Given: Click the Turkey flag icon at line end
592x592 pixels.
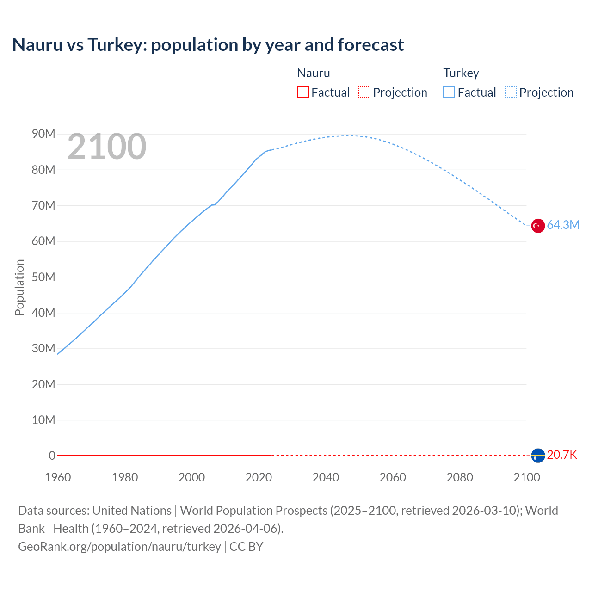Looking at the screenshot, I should click(537, 226).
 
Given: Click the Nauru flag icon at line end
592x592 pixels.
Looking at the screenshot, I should click(537, 456).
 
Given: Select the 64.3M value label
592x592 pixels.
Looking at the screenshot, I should click(563, 225).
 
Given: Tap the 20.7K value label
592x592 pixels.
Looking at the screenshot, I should click(562, 455).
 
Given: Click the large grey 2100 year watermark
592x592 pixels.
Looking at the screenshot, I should click(107, 147).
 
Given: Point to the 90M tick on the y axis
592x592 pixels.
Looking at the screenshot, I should click(43, 134).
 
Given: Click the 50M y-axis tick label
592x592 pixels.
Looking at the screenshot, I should click(43, 277).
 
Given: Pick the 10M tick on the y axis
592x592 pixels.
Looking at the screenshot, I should click(43, 420).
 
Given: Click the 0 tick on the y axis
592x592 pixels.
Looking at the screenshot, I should click(52, 456).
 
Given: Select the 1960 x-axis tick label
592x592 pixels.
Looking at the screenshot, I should click(58, 477).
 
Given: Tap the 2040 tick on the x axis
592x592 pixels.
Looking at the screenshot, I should click(326, 477).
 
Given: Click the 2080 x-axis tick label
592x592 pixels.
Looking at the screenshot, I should click(460, 477).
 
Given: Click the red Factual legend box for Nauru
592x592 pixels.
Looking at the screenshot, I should click(303, 92).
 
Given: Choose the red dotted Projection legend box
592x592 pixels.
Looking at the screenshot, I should click(364, 92).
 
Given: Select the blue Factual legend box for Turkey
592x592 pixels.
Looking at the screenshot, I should click(449, 92).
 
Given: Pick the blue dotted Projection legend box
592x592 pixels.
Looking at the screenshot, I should click(511, 92).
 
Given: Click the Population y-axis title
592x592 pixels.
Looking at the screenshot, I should click(19, 287).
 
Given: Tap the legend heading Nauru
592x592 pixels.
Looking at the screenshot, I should click(314, 73).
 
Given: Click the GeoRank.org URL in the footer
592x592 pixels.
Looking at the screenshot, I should click(119, 547).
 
